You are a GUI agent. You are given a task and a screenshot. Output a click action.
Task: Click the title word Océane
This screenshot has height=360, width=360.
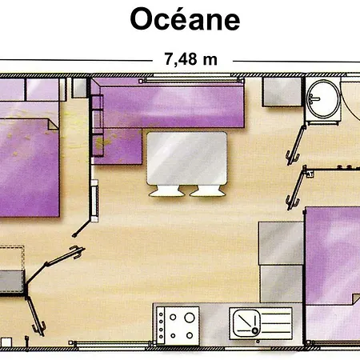(185, 19)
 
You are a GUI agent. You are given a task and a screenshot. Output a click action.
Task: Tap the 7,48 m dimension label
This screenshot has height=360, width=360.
(190, 59)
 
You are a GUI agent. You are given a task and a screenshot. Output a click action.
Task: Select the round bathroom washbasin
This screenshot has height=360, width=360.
(323, 99)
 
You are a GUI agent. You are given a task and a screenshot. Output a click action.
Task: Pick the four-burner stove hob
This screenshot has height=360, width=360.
(178, 326)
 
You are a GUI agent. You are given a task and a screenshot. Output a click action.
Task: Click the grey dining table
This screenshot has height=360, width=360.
(186, 158)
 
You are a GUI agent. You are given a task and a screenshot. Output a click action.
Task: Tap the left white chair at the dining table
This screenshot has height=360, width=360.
(166, 191)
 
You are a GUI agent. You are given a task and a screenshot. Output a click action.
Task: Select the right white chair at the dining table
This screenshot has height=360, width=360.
(207, 191)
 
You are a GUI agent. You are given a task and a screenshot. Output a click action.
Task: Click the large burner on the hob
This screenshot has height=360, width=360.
(190, 318)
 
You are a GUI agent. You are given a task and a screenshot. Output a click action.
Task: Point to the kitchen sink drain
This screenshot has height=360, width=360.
(255, 331)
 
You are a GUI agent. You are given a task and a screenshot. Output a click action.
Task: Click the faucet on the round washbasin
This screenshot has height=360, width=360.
(313, 98)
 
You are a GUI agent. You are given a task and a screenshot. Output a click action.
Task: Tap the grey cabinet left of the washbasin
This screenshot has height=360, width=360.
(282, 92)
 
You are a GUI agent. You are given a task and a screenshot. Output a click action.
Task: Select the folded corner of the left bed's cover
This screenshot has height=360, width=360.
(53, 125)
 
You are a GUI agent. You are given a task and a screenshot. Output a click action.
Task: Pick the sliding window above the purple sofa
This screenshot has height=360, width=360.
(191, 80)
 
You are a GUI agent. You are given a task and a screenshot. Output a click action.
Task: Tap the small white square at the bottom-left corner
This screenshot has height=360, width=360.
(6, 342)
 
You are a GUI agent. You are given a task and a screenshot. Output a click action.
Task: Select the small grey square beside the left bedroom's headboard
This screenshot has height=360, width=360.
(79, 88)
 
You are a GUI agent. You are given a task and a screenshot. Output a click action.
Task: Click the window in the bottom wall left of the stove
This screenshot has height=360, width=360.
(110, 344)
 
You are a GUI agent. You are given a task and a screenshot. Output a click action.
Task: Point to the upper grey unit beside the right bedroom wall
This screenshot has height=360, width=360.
(281, 242)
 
